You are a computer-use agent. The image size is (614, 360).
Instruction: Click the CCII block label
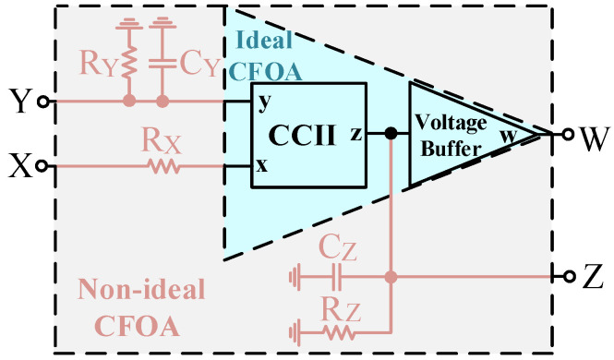point(302,135)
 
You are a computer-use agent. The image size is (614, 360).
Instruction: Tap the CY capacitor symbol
point(163,63)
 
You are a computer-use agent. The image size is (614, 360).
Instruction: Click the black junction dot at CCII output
point(391,134)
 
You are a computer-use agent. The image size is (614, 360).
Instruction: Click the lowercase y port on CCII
point(264,102)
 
